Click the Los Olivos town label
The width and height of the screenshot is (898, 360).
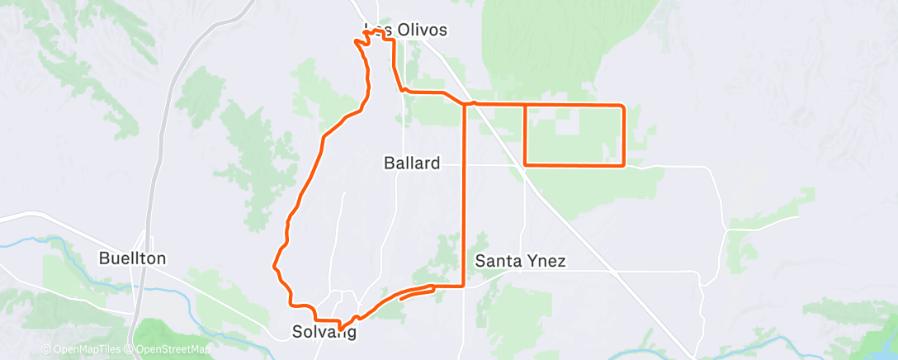click(x=405, y=30)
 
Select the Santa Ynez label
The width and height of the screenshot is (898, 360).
click(x=521, y=262)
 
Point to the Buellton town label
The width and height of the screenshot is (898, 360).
click(x=132, y=258)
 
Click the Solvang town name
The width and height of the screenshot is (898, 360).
click(x=324, y=333)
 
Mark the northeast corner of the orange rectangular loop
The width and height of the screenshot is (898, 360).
click(x=622, y=106)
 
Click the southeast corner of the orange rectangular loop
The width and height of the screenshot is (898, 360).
click(x=622, y=165)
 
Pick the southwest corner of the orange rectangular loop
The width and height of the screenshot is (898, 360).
click(x=526, y=164)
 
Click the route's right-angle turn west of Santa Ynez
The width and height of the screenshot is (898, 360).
click(x=463, y=286)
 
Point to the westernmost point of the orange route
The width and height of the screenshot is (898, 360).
click(x=274, y=266)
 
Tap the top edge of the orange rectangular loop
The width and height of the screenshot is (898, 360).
click(x=574, y=105)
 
